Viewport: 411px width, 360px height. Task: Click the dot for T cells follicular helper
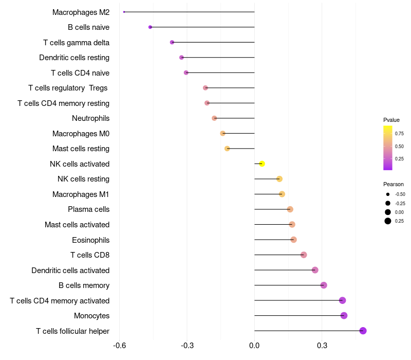[363, 331]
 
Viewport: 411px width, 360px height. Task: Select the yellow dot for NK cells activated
[262, 164]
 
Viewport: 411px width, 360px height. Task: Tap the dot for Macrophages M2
[124, 12]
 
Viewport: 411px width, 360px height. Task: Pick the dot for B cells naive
[150, 27]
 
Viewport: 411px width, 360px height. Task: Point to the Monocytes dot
[344, 315]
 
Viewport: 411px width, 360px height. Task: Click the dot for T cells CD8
[304, 255]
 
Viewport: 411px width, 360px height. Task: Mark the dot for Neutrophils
[214, 118]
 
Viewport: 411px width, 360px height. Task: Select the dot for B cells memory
[324, 285]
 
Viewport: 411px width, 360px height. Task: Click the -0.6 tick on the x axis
[119, 345]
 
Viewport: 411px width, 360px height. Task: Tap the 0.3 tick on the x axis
[322, 345]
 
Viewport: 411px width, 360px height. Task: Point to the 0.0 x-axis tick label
[254, 345]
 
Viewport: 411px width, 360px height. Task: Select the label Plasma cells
[88, 209]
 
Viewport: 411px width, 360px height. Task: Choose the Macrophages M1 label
[81, 194]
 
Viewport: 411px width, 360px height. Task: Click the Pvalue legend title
[391, 120]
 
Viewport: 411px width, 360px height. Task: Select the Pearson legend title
[394, 184]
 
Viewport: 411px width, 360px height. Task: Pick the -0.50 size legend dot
[387, 194]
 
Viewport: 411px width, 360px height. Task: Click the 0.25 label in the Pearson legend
[399, 221]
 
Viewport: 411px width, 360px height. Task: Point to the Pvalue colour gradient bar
[388, 148]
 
